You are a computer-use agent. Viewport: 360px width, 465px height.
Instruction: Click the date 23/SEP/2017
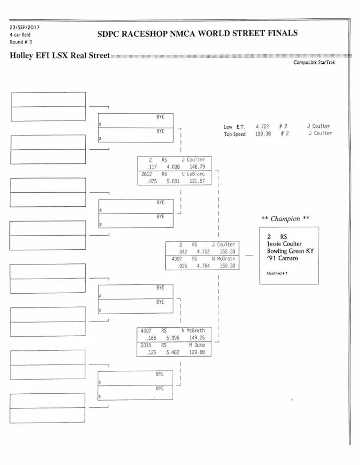[25, 27]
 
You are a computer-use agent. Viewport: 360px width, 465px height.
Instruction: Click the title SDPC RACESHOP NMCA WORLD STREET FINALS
[198, 34]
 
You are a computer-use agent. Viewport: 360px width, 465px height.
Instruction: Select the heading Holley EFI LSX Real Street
[59, 56]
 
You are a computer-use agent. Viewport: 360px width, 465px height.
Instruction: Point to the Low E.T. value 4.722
[262, 127]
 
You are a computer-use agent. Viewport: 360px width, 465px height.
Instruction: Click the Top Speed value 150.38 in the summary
[263, 134]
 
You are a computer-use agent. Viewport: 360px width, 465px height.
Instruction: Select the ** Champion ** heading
[285, 219]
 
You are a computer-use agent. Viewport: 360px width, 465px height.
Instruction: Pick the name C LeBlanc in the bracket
[194, 174]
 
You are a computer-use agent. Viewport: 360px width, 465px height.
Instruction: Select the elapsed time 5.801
[173, 181]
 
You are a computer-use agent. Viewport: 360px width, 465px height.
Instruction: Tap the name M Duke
[197, 346]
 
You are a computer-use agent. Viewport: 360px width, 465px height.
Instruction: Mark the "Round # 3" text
[20, 42]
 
